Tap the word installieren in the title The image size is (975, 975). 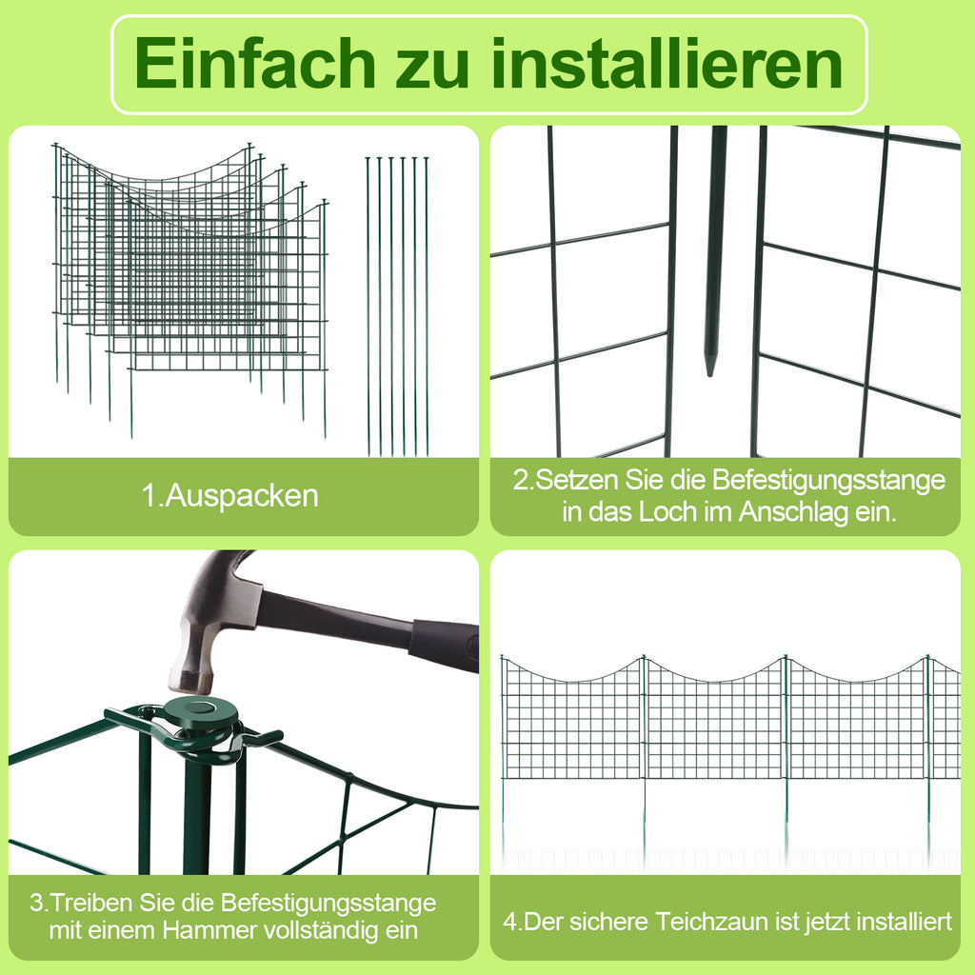tap(667, 63)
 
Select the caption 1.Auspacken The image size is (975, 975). tap(230, 495)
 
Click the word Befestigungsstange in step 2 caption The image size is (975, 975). tap(828, 480)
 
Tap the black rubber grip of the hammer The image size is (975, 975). tap(443, 645)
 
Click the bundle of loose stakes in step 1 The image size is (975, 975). tap(397, 306)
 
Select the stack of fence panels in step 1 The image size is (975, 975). tap(190, 289)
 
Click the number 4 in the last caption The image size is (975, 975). tap(510, 922)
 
